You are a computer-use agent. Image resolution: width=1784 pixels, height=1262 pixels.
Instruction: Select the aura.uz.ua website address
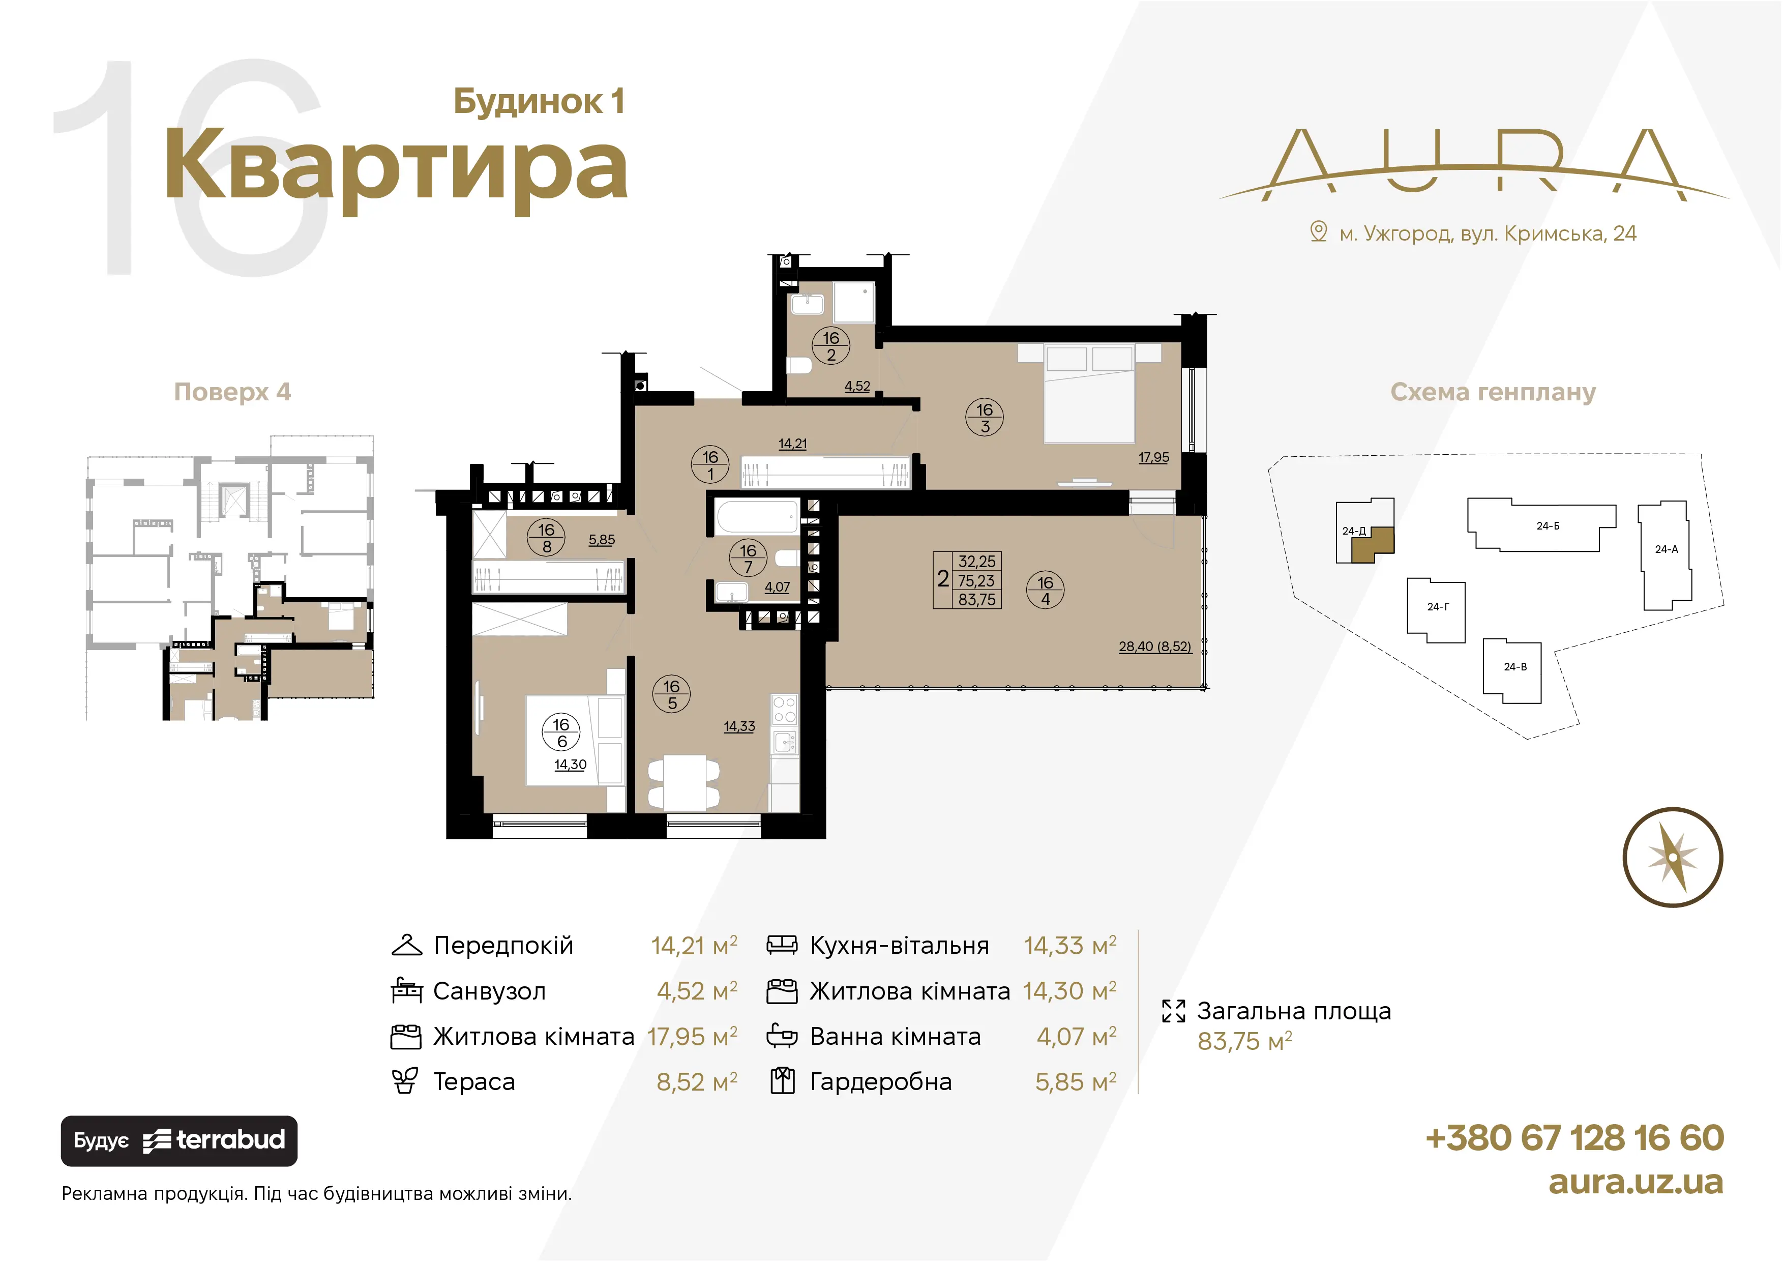click(x=1636, y=1182)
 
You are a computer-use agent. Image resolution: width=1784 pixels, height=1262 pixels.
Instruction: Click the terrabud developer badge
click(x=179, y=1141)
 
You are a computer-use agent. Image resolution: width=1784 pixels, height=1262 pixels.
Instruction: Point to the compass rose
click(x=1673, y=857)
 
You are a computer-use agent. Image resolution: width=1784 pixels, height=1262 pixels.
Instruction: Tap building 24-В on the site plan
click(x=1512, y=671)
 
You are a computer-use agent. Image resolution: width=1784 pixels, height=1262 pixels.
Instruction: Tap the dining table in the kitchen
click(x=685, y=782)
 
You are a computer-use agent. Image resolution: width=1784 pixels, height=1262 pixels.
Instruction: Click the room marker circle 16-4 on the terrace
click(x=1045, y=591)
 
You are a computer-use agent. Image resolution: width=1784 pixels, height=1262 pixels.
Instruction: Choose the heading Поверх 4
click(x=232, y=392)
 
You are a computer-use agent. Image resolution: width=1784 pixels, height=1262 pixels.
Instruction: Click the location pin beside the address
click(x=1319, y=231)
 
